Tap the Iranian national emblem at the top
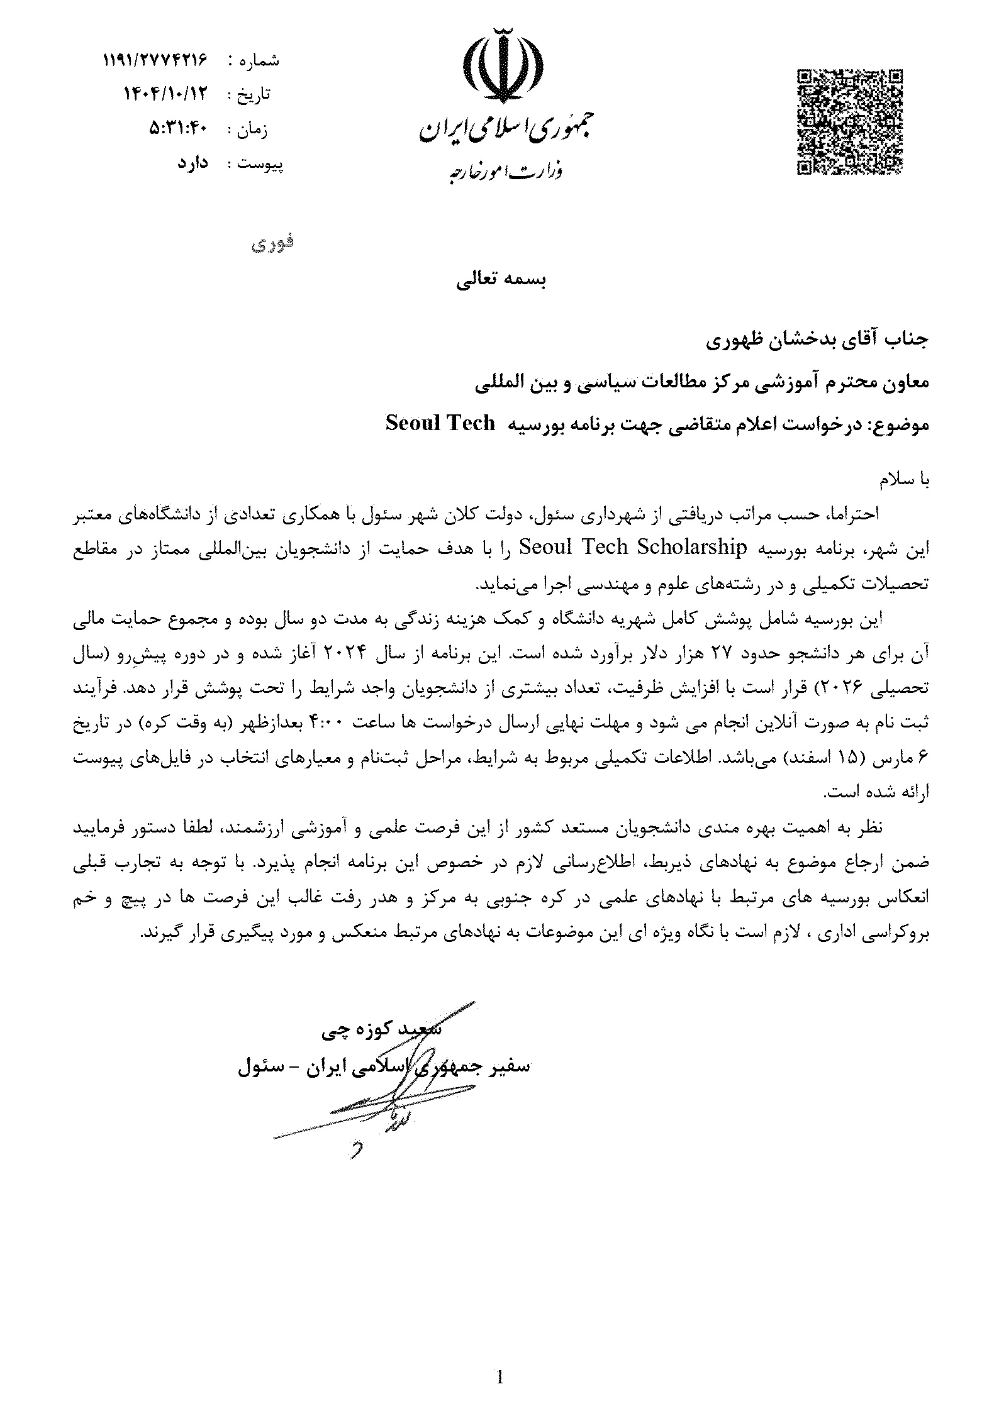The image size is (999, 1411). [501, 63]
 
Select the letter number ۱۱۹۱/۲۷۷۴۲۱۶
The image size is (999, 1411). [155, 60]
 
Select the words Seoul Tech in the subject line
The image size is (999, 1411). [440, 423]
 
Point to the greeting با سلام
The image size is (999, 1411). [903, 480]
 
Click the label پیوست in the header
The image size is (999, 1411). [259, 164]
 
